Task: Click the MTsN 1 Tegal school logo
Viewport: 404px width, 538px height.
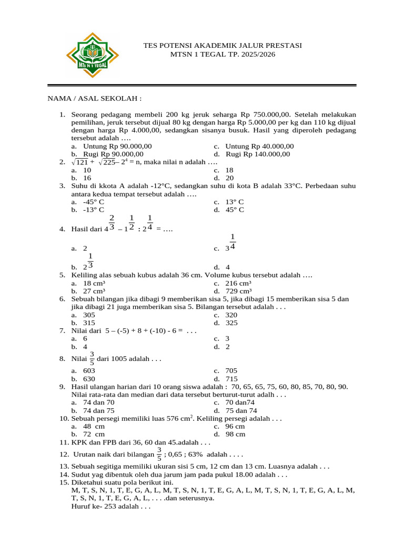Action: (93, 55)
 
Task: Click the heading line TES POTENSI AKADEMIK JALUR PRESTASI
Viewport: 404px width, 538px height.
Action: (223, 46)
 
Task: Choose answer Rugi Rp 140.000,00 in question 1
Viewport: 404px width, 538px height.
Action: (257, 154)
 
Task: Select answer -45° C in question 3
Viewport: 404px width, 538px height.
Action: (94, 202)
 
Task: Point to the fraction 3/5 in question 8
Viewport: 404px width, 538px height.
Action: (92, 358)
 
